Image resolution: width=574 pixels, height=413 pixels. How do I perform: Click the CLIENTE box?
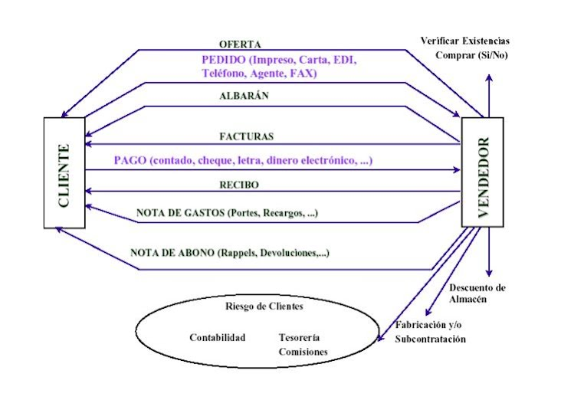[x=64, y=173]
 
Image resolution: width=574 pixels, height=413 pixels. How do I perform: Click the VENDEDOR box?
[x=483, y=173]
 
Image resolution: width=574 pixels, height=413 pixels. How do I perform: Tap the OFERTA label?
[x=240, y=44]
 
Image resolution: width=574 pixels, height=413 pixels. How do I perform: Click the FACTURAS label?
[x=247, y=136]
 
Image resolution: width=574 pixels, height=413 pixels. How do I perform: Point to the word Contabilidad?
[x=218, y=337]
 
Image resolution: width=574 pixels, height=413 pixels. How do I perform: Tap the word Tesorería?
[x=299, y=337]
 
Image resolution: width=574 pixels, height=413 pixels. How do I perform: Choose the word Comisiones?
[x=303, y=352]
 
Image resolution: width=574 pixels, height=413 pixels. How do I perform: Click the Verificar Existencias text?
[x=465, y=40]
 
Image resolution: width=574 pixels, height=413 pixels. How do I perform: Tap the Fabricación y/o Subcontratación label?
[x=430, y=332]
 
